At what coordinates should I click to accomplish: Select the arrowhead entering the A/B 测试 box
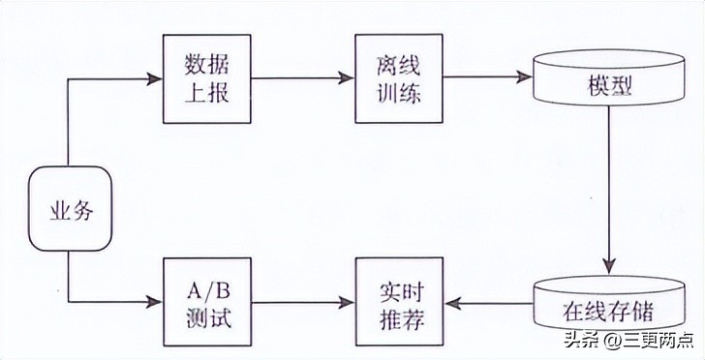(x=154, y=303)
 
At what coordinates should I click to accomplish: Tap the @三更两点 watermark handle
(x=650, y=340)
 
